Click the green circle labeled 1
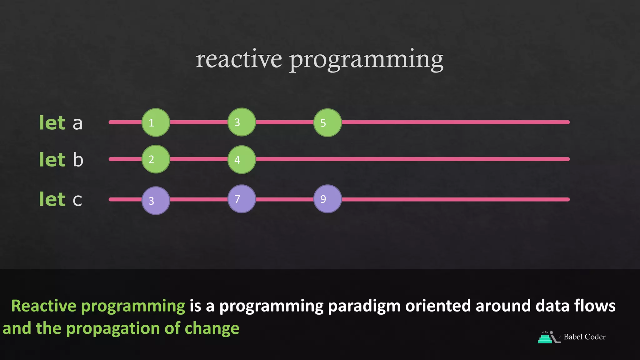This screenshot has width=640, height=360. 156,122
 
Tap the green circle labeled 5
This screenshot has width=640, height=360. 327,122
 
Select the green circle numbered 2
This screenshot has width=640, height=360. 156,159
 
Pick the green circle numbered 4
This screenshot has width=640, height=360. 242,159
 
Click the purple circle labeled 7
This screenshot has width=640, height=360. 242,199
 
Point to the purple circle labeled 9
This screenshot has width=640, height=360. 327,199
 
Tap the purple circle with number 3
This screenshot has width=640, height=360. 156,201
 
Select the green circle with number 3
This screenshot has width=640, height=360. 242,122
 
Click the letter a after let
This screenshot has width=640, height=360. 77,124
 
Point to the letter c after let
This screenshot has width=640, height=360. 77,200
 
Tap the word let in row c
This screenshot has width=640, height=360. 52,199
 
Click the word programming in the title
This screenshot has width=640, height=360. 366,60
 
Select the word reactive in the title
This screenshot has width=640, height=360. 239,59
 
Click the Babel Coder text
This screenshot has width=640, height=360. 584,337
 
